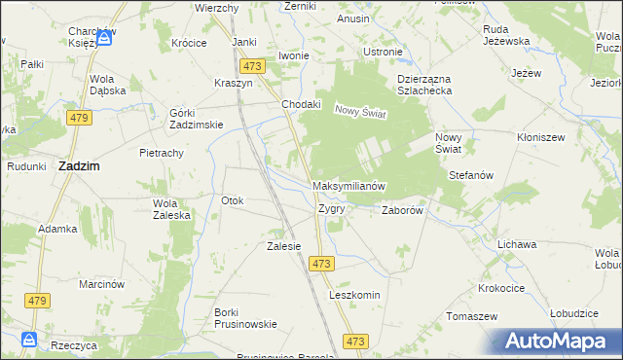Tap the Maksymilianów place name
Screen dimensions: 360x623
pyautogui.click(x=350, y=185)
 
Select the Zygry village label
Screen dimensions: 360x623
pyautogui.click(x=332, y=208)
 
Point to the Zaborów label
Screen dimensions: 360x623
pyautogui.click(x=401, y=209)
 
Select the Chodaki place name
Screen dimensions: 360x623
pyautogui.click(x=301, y=104)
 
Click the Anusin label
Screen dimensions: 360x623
pyautogui.click(x=353, y=18)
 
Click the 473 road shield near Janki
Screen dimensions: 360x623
pyautogui.click(x=252, y=65)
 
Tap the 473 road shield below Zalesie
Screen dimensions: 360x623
pyautogui.click(x=322, y=264)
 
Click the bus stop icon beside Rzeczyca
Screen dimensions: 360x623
pyautogui.click(x=29, y=341)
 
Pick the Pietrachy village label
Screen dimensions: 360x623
pyautogui.click(x=162, y=154)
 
